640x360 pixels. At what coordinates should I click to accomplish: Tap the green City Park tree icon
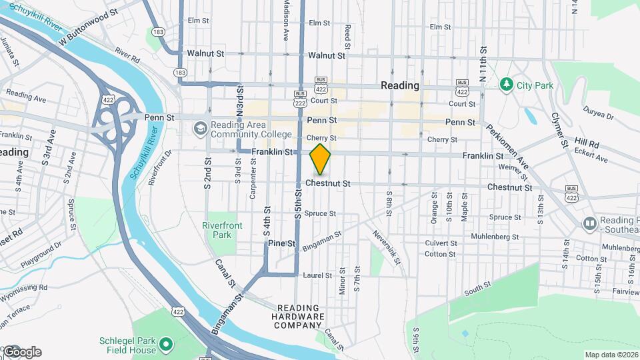pyautogui.click(x=506, y=85)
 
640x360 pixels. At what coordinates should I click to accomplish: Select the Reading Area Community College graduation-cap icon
pyautogui.click(x=200, y=127)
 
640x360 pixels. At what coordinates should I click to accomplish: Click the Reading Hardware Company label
pyautogui.click(x=301, y=317)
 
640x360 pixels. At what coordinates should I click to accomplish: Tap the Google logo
pyautogui.click(x=21, y=352)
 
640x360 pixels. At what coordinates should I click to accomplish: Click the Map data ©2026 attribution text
pyautogui.click(x=611, y=355)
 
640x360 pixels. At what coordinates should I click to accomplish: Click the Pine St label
pyautogui.click(x=281, y=244)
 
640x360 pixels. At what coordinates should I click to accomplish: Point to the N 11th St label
pyautogui.click(x=484, y=60)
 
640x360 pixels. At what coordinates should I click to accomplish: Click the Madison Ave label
pyautogui.click(x=286, y=21)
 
